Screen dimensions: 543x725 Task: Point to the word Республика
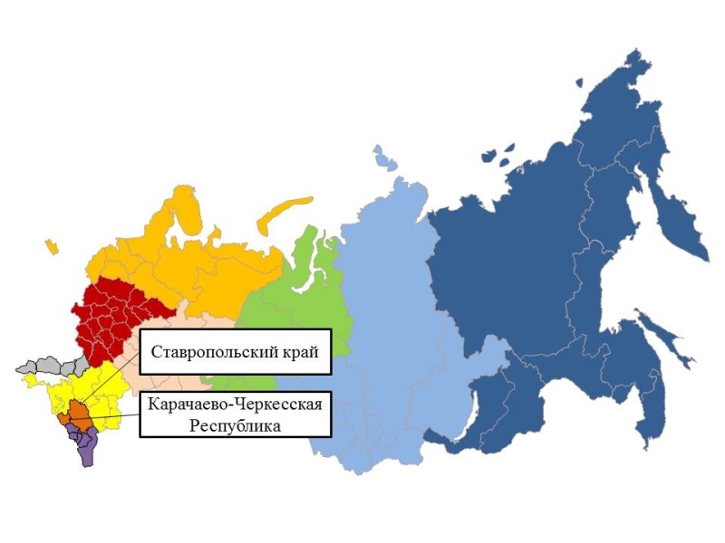pos(234,424)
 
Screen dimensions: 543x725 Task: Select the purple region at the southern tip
pos(85,447)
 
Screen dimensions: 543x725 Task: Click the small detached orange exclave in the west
pos(51,245)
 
